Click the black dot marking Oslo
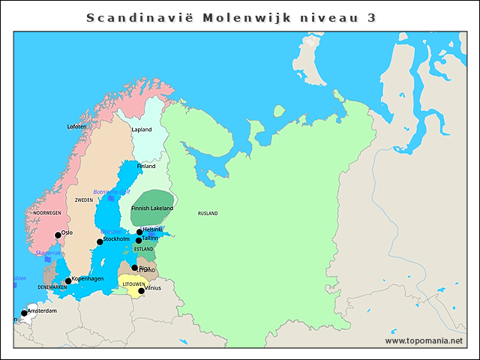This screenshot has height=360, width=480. click(x=58, y=235)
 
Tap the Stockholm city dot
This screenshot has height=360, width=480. click(x=100, y=241)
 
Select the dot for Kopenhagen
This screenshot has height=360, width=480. click(x=68, y=281)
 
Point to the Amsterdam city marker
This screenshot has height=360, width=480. click(x=24, y=313)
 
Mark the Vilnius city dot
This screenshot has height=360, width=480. click(x=141, y=290)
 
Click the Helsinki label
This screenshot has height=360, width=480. click(x=152, y=229)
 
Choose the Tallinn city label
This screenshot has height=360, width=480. click(x=150, y=238)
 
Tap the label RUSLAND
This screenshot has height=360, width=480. click(x=208, y=214)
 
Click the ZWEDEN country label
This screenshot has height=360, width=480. click(x=83, y=200)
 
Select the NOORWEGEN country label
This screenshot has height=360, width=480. click(x=47, y=213)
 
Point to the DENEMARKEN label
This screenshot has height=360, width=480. click(x=52, y=287)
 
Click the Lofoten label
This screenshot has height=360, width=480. click(x=77, y=127)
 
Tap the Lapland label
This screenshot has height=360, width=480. click(x=142, y=130)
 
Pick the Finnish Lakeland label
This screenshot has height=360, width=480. click(x=152, y=208)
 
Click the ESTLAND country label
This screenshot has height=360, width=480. click(x=143, y=249)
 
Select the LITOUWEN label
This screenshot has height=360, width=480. click(x=134, y=284)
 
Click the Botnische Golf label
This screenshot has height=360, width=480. click(x=112, y=192)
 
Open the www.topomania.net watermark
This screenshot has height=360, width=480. click(x=424, y=340)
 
